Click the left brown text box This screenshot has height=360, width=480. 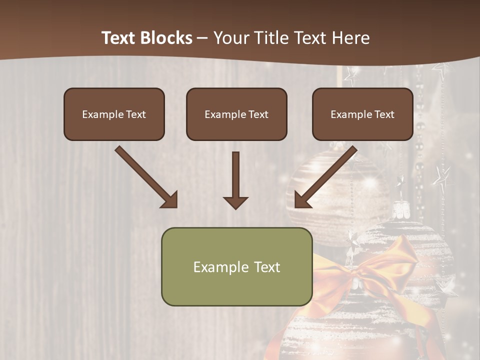[x=114, y=114]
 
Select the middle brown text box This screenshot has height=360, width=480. [x=236, y=114]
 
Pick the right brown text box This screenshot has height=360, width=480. [x=362, y=114]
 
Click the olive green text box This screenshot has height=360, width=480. [x=236, y=267]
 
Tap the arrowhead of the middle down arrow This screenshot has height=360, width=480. [x=235, y=202]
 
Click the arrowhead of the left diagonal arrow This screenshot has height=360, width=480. [x=169, y=199]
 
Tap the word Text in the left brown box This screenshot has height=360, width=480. [x=135, y=114]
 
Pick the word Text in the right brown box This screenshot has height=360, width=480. [x=384, y=114]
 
